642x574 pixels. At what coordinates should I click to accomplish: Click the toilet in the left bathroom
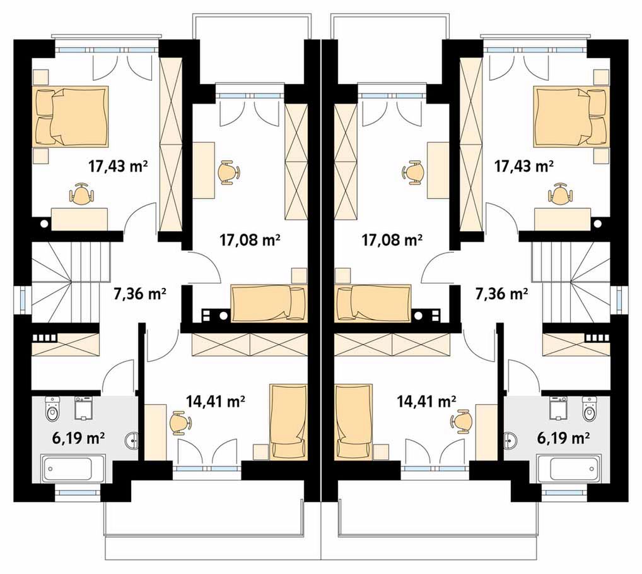[x=52, y=409]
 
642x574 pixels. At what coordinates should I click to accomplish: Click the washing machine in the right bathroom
[x=558, y=409]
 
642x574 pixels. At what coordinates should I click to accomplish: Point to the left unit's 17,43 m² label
[x=118, y=166]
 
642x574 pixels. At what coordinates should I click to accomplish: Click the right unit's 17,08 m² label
[x=392, y=239]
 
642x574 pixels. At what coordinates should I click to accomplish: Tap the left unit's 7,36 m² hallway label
[x=139, y=294]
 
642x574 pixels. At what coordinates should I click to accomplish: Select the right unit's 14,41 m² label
[x=427, y=402]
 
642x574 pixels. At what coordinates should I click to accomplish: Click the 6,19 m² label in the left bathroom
[x=78, y=438]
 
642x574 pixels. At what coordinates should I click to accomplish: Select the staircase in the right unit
[x=571, y=282]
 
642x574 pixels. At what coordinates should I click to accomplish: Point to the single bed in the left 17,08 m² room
[x=269, y=303]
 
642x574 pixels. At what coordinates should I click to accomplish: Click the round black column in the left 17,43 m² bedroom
[x=44, y=224]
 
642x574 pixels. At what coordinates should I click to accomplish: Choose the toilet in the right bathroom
[x=589, y=409]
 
